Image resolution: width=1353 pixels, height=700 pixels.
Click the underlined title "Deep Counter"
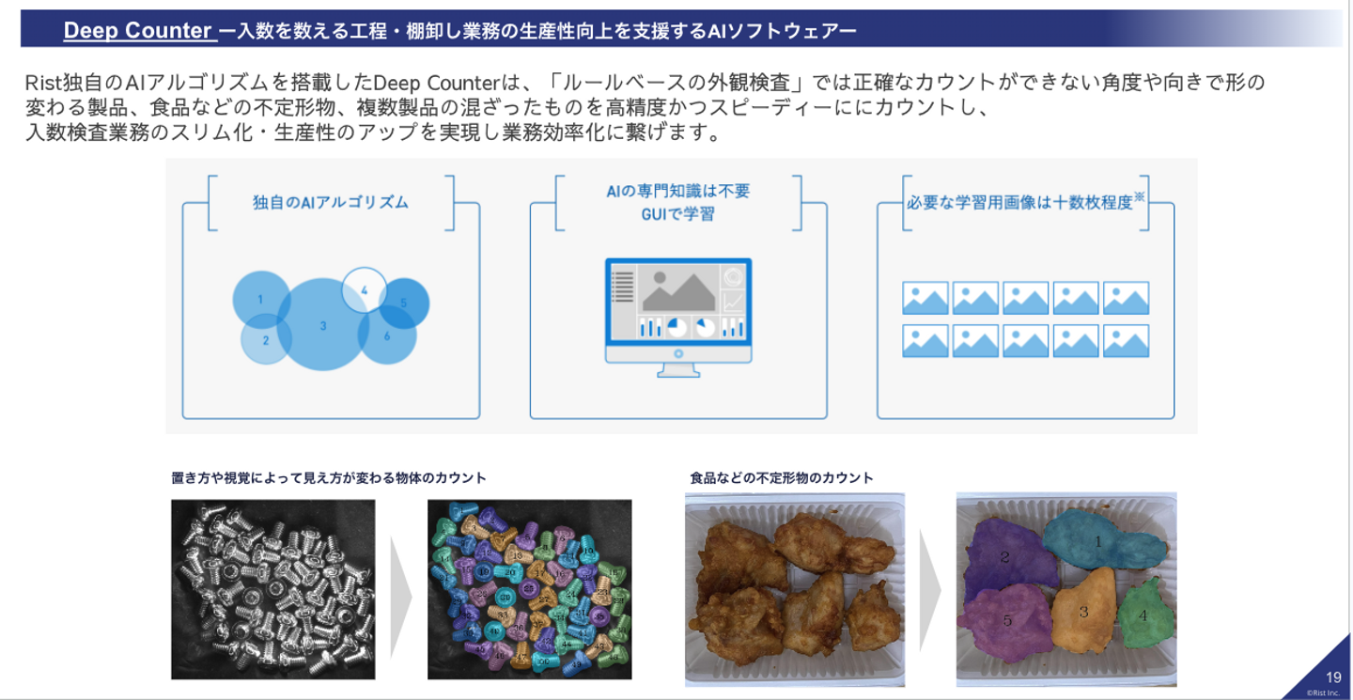click(x=137, y=31)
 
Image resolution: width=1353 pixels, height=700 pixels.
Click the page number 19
click(x=1333, y=677)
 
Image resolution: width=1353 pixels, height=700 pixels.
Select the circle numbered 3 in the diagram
click(x=322, y=325)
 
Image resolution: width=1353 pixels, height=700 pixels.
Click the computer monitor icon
click(x=677, y=316)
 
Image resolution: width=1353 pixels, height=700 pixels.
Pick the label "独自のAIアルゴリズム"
click(x=330, y=202)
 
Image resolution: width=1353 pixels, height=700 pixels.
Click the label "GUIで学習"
click(x=677, y=214)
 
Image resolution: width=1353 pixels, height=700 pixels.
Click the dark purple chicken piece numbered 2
click(x=1005, y=556)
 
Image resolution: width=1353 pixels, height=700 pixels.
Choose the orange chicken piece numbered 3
click(x=1082, y=612)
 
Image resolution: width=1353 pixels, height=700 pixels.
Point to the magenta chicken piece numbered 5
click(x=1006, y=620)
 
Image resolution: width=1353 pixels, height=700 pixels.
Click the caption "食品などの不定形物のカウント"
click(x=781, y=478)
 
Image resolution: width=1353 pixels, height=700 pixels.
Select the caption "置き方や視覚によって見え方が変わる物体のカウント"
click(x=329, y=478)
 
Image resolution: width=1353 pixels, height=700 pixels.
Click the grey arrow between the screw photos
click(x=401, y=588)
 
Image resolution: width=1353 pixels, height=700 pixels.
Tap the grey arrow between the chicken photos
click(x=930, y=588)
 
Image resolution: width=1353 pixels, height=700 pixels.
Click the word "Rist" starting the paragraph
click(x=43, y=83)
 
